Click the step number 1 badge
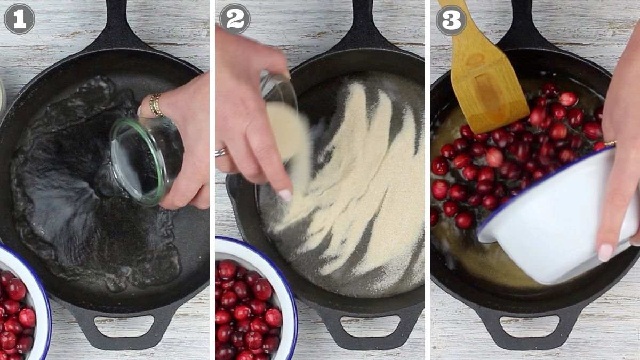[x=19, y=19]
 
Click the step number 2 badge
[x=235, y=19]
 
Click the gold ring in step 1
[x=156, y=105]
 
